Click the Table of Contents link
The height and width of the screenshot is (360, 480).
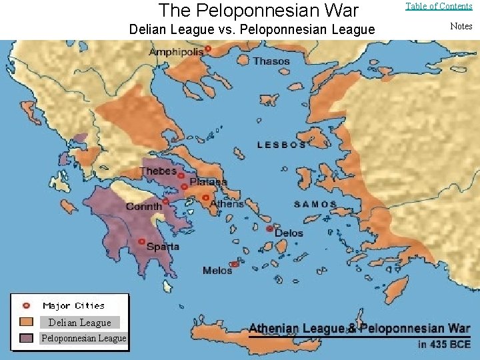pos(439,7)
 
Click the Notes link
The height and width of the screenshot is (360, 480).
pos(461,26)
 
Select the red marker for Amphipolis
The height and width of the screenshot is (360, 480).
pos(208,49)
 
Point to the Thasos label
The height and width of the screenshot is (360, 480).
pos(271,61)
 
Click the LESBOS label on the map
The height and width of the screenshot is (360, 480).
pos(281,145)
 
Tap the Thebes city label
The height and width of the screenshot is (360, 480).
pos(158,171)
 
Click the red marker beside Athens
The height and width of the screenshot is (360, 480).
pos(206,197)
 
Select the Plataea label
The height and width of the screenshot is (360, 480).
pos(208,182)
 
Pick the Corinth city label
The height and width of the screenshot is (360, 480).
pos(144,207)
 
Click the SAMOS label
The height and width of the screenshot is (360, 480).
pos(315,205)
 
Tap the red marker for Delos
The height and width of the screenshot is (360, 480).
pos(269,229)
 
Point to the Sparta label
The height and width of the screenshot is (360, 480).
pos(163,247)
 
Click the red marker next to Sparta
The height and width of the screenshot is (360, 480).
pos(141,241)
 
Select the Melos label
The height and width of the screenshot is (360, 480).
pos(217,271)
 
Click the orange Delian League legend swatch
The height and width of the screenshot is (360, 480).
pos(27,322)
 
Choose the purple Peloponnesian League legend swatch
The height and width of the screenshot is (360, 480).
pos(27,338)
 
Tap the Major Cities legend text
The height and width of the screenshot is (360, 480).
pos(73,306)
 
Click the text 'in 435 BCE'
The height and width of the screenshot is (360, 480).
pos(443,345)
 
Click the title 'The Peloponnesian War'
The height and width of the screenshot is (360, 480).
pos(259,10)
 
